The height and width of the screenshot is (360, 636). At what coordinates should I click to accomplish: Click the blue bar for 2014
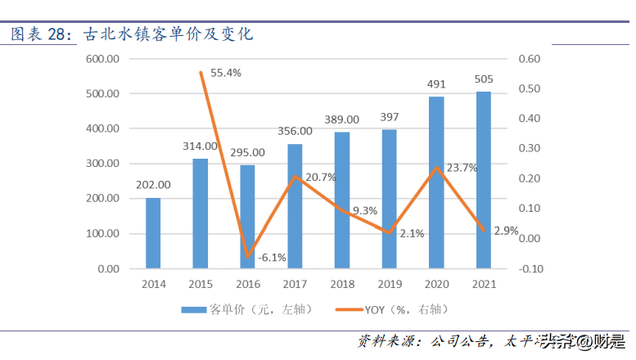pyautogui.click(x=153, y=233)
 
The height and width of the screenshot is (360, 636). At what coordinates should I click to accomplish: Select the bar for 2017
pyautogui.click(x=295, y=206)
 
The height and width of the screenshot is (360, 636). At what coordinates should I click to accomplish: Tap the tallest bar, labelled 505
pyautogui.click(x=484, y=180)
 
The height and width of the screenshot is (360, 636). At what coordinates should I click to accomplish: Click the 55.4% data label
pyautogui.click(x=226, y=73)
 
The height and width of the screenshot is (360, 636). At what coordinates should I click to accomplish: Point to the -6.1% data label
pyautogui.click(x=273, y=258)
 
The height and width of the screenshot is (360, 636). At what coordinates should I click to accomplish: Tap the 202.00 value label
pyautogui.click(x=152, y=185)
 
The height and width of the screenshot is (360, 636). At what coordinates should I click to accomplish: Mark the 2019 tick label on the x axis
pyautogui.click(x=389, y=284)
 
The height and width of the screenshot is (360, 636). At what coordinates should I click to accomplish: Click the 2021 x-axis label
pyautogui.click(x=483, y=284)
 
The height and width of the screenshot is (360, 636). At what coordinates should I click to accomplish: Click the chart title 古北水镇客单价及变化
pyautogui.click(x=168, y=34)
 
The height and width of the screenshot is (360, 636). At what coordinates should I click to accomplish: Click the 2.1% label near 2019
pyautogui.click(x=412, y=233)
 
